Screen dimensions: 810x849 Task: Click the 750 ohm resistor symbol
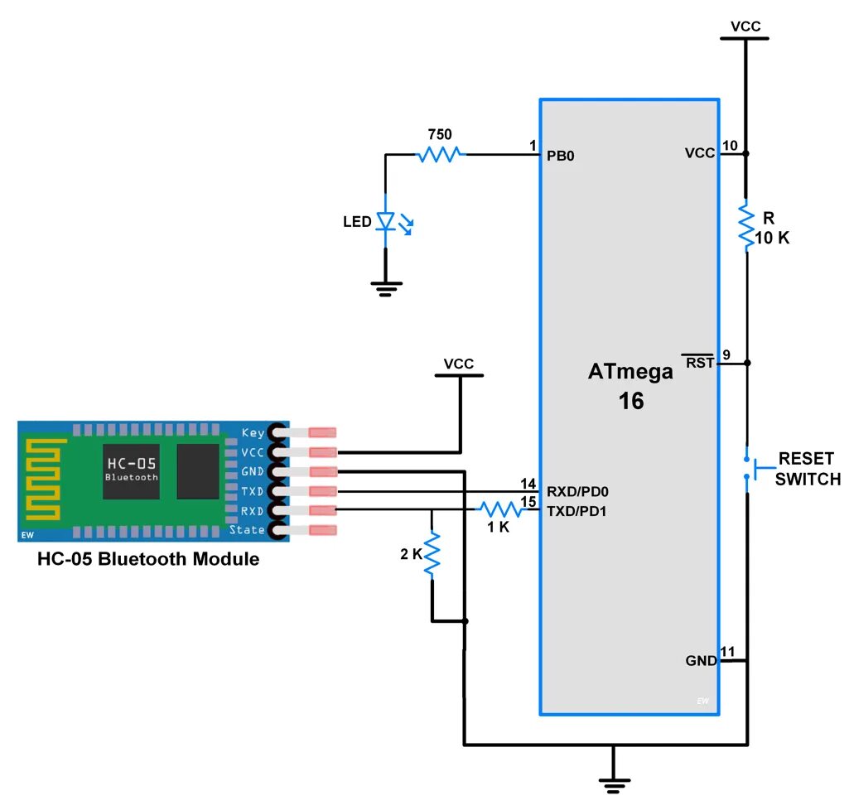click(440, 154)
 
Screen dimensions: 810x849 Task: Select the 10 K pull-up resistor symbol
click(746, 225)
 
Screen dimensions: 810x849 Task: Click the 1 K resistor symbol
click(499, 509)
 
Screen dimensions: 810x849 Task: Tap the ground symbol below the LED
click(385, 287)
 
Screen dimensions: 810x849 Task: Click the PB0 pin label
click(560, 155)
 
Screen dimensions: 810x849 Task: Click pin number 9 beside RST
click(726, 355)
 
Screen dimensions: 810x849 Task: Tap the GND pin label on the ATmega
click(701, 661)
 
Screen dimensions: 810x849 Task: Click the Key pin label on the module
click(253, 432)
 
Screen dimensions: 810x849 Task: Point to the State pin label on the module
click(247, 530)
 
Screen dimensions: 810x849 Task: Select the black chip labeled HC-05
click(131, 471)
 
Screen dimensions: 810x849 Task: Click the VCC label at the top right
click(745, 27)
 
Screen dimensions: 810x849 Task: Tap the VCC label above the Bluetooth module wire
click(459, 364)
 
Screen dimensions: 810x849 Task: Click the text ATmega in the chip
click(630, 372)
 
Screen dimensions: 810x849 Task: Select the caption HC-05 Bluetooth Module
click(148, 559)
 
